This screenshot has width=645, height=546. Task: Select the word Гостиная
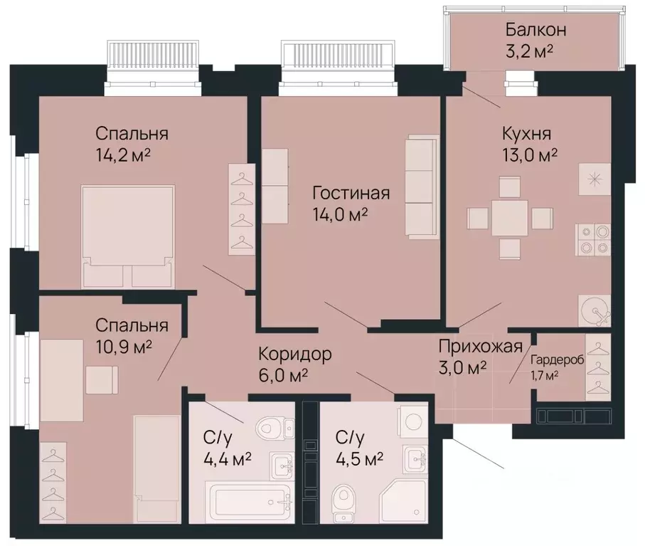pos(351,194)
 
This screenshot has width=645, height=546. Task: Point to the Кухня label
pos(527,134)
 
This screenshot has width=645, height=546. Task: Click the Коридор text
pos(294,354)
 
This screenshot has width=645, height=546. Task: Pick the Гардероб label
pos(558,360)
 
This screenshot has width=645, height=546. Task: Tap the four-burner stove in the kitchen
pos(593,239)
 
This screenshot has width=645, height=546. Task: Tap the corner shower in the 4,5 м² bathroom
pos(403,501)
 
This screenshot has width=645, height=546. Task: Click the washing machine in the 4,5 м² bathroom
pos(413,421)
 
